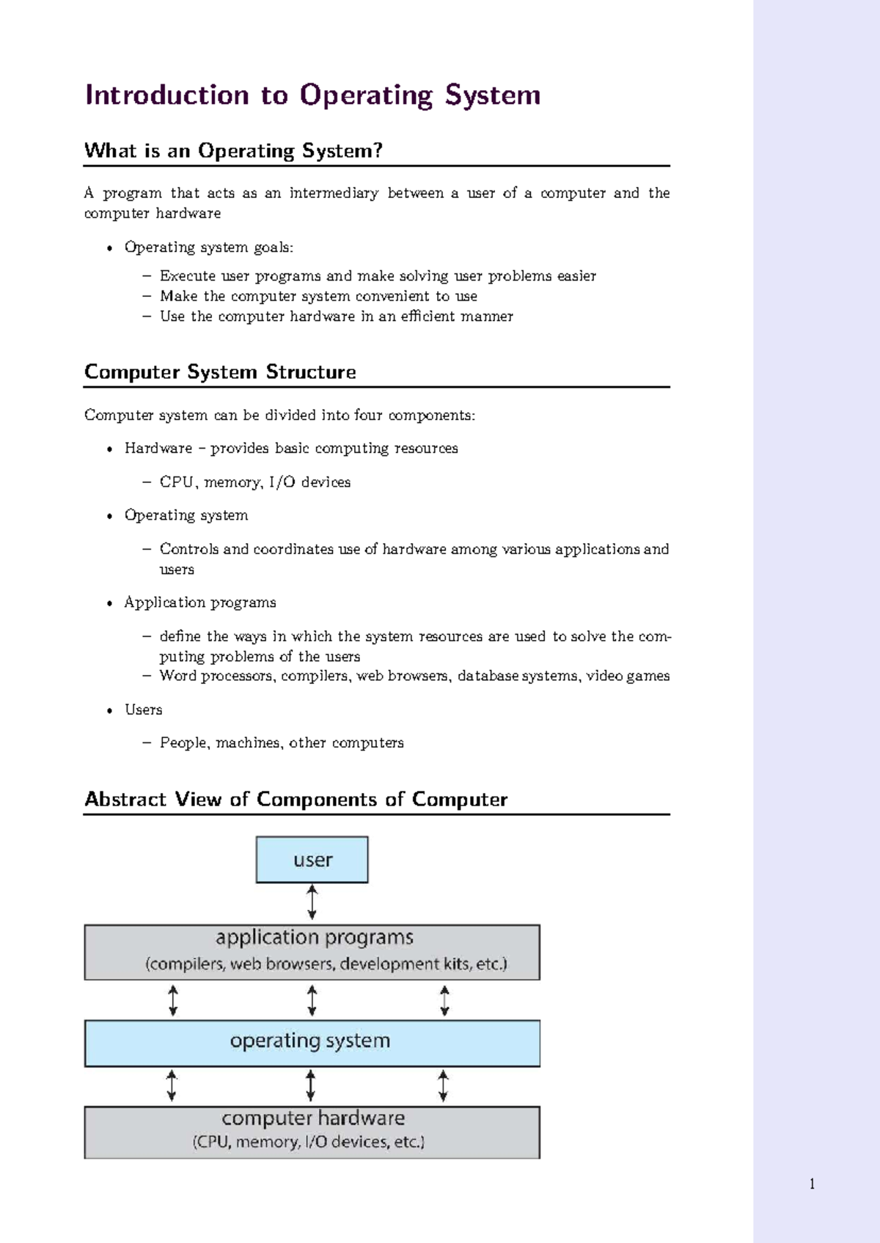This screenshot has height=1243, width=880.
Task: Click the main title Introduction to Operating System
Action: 312,95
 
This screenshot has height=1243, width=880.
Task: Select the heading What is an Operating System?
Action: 233,151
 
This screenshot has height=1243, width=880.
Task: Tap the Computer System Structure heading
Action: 220,372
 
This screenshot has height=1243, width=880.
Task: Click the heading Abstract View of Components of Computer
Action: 296,800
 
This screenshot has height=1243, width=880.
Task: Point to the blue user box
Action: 312,860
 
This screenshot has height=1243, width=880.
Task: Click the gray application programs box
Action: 312,952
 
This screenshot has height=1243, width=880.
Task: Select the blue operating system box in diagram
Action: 312,1042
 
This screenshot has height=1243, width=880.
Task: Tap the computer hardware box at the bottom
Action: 312,1132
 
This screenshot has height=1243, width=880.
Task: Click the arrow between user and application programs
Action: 312,902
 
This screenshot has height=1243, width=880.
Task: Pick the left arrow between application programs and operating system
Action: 173,1000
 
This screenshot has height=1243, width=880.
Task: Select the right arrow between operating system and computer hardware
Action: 443,1085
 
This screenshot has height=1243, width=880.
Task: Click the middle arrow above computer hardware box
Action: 311,1085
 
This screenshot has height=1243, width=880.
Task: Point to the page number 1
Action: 812,1184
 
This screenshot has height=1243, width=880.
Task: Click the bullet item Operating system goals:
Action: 208,248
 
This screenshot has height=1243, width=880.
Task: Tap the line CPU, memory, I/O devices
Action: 254,482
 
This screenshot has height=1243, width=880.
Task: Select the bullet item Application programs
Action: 199,602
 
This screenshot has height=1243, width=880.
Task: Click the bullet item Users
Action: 143,709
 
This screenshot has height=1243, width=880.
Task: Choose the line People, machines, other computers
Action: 282,743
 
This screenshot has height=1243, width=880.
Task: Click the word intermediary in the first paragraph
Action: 334,193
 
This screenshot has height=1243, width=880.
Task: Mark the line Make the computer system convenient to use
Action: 318,296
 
